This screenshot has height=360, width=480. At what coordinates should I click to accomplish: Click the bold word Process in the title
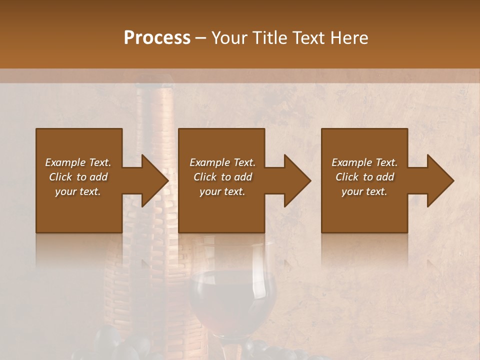point(157,38)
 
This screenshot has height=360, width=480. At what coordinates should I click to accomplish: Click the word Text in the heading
point(308,38)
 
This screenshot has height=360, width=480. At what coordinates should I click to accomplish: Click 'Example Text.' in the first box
point(78,162)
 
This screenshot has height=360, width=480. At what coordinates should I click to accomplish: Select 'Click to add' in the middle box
point(222,177)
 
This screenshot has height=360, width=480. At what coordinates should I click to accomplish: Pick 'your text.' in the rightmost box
point(364,191)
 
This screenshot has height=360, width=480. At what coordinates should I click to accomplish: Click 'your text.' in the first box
point(78,191)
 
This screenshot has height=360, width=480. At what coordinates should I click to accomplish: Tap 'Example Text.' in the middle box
point(222,162)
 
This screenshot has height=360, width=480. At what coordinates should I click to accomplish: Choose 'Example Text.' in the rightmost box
point(364,162)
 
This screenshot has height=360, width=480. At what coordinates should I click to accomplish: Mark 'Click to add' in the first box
point(78,177)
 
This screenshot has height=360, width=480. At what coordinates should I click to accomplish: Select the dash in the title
point(201,38)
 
